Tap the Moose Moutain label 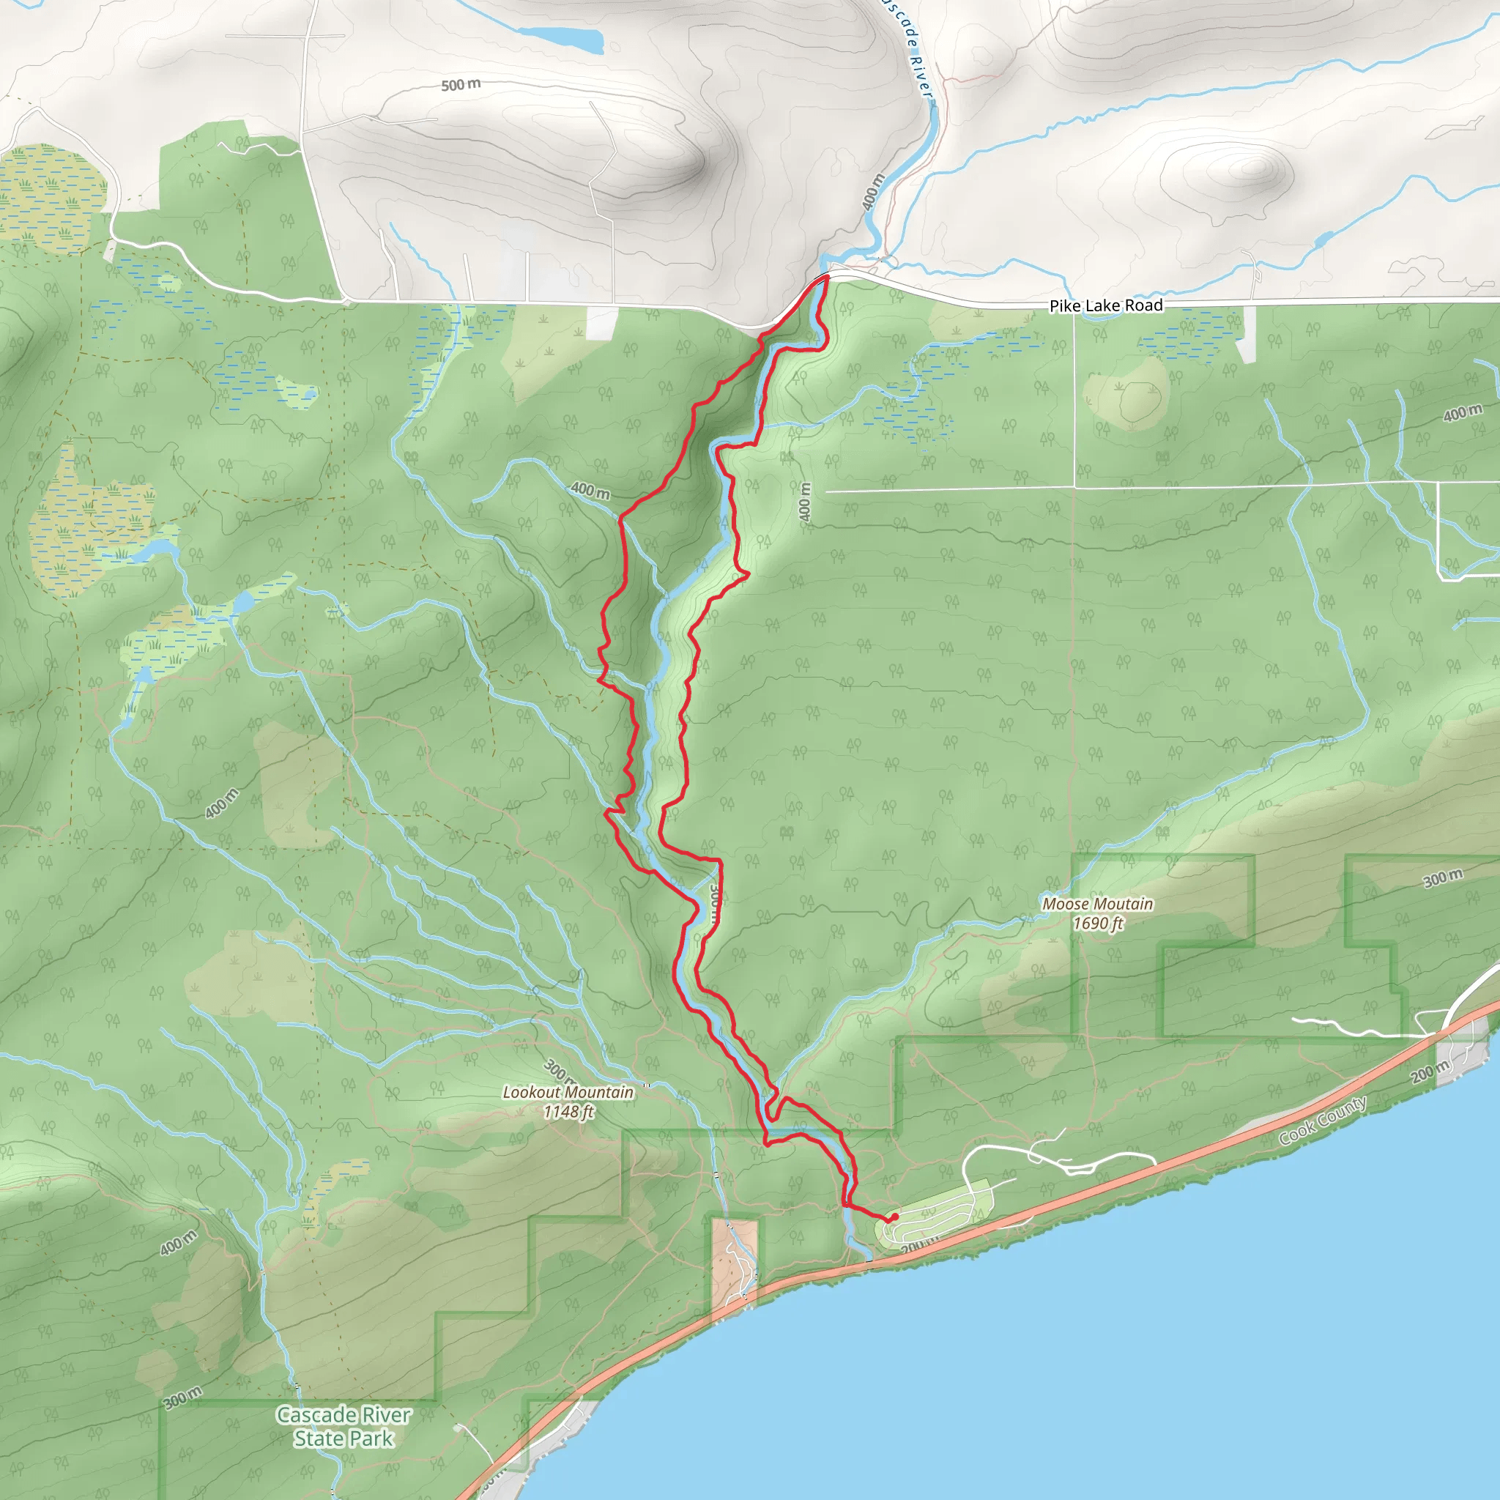(x=1097, y=904)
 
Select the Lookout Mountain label (x=568, y=1091)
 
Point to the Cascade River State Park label (x=344, y=1426)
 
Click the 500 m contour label (x=461, y=85)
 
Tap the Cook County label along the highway (x=1323, y=1121)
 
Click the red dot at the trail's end (x=894, y=1217)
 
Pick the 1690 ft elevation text (x=1098, y=923)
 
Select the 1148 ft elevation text (x=568, y=1112)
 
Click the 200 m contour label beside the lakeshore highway (x=1430, y=1072)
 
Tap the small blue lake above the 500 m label (x=560, y=37)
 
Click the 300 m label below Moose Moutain (x=1443, y=878)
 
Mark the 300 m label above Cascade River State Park (x=182, y=1397)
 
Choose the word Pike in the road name (x=1064, y=307)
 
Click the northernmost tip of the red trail (x=827, y=276)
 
